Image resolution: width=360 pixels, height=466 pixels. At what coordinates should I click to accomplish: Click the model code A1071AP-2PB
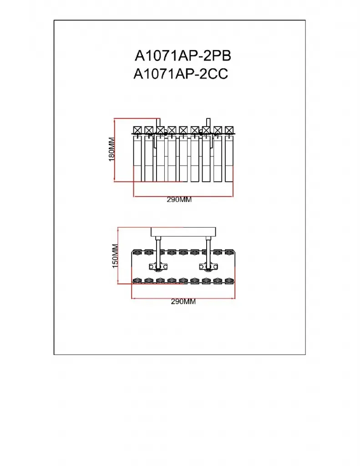183,56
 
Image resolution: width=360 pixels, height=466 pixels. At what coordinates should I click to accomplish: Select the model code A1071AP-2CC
181,74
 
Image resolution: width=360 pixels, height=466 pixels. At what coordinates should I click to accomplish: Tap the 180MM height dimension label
112,149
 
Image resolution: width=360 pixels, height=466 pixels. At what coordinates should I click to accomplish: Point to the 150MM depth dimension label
115,256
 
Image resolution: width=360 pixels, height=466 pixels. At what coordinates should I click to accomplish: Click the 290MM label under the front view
179,200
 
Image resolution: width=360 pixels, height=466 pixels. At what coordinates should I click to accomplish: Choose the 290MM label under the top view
183,302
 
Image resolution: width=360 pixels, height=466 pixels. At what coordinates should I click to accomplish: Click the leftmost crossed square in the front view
137,130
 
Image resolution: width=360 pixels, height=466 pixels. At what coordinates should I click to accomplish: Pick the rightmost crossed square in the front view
229,130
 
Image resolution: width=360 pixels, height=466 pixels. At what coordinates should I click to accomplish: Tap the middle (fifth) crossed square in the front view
183,130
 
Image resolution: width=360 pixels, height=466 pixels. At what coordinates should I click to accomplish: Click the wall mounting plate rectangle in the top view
183,232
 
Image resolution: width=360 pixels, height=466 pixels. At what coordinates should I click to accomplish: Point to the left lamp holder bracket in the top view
158,267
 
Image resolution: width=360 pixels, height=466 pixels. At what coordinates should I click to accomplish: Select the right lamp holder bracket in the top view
209,267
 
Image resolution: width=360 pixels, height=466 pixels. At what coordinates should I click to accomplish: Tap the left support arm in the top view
158,250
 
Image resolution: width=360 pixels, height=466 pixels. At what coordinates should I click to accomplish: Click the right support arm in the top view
209,250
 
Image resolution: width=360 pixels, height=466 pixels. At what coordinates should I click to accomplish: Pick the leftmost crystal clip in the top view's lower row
137,280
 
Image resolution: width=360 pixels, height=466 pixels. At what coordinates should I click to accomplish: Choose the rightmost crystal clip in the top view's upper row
228,252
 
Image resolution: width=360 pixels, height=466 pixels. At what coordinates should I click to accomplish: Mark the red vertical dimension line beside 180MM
114,150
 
